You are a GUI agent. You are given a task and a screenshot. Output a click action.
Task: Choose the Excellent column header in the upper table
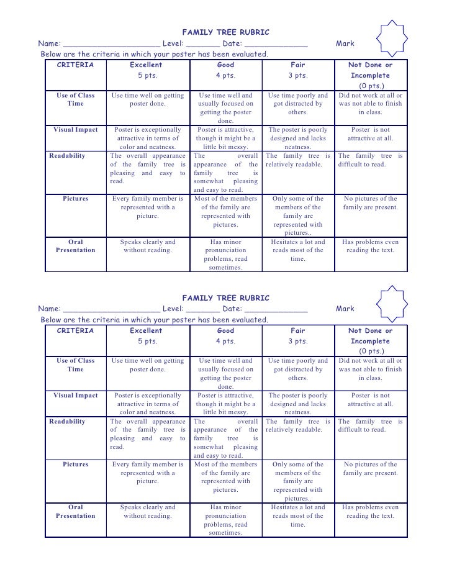click(x=147, y=65)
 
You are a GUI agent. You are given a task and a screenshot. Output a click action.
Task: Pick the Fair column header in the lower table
click(x=298, y=331)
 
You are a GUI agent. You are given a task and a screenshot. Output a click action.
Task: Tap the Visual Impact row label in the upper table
click(x=76, y=130)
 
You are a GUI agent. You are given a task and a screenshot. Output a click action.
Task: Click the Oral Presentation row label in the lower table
click(x=76, y=512)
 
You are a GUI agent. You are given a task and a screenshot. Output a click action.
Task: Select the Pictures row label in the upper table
click(x=76, y=199)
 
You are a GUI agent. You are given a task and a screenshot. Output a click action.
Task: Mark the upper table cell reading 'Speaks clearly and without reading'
click(x=148, y=246)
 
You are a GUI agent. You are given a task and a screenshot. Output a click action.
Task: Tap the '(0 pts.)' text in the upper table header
click(x=371, y=86)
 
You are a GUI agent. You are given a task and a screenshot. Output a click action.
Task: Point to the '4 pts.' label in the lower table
click(x=226, y=341)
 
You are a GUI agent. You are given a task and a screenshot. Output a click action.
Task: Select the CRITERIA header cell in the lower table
click(x=76, y=331)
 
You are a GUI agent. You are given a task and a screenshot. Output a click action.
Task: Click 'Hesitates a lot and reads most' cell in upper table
click(x=298, y=250)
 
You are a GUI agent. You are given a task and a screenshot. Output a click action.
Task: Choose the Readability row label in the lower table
click(x=68, y=421)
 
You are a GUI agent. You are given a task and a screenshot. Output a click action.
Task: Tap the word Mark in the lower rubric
click(x=345, y=309)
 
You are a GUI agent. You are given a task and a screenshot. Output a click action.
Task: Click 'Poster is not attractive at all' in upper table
click(x=371, y=134)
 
